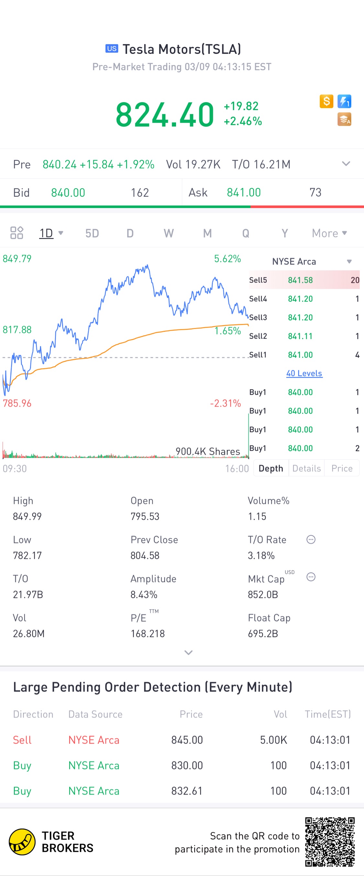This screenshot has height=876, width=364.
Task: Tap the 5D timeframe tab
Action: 92,233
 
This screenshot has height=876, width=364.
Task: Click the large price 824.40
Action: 165,115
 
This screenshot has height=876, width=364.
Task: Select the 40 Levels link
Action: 304,373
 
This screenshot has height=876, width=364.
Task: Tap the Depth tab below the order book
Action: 271,468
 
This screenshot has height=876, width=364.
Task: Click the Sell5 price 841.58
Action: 300,280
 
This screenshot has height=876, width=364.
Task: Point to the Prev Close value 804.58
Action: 145,555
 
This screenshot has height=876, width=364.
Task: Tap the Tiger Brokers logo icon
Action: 22,842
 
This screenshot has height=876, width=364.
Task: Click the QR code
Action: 330,842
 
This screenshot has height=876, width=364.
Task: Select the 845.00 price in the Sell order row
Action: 187,740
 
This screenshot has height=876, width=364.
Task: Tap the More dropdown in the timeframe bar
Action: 329,233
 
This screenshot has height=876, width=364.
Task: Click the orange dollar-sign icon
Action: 326,101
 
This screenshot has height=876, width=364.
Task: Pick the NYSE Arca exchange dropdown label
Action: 294,262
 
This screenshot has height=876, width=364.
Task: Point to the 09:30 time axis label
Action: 15,469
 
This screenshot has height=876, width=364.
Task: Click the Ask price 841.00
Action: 244,193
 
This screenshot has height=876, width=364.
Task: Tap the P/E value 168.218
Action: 148,633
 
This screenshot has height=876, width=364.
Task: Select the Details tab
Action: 306,468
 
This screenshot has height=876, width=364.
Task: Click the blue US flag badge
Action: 112,49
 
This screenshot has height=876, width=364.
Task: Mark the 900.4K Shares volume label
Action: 208,451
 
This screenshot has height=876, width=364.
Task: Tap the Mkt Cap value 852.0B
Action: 263,594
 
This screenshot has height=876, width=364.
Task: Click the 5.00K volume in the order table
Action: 273,740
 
